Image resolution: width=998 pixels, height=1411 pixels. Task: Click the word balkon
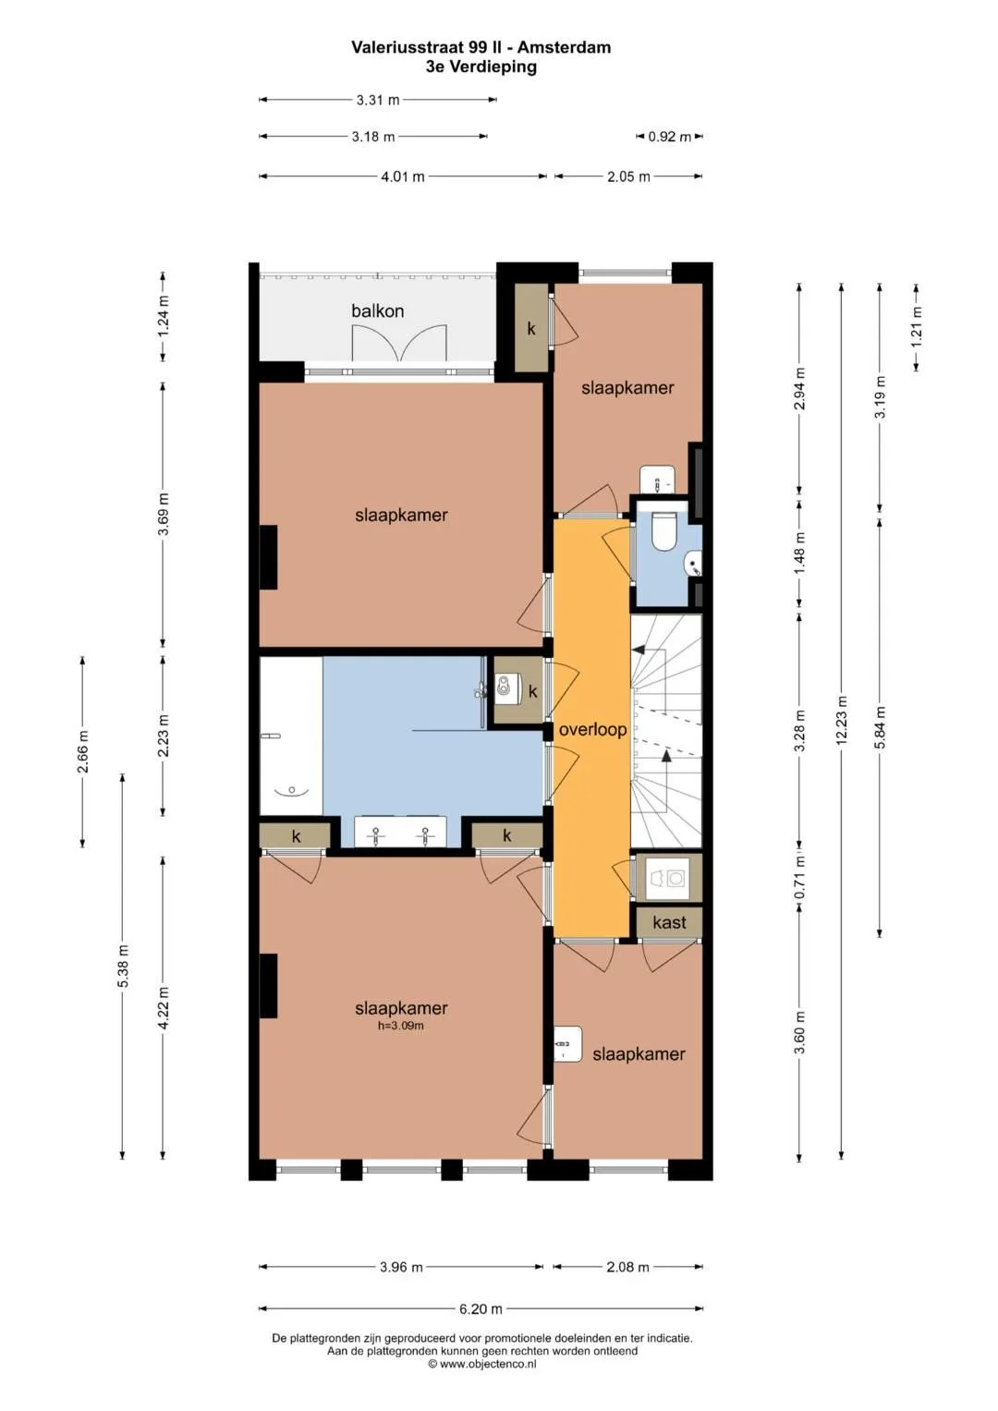coord(377,311)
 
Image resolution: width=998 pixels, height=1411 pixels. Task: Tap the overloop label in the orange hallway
coord(593,730)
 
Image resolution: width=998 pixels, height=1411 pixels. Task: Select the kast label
coord(669,923)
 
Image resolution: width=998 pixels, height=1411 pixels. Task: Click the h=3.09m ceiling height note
coord(401,1026)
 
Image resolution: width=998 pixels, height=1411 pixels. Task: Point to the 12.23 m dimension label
coord(842,721)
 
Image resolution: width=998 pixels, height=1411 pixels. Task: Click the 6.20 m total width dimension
coord(481,1309)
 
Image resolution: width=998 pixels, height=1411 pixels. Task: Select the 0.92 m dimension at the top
coord(670,137)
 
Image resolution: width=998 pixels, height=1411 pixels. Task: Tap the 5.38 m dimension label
coord(124,967)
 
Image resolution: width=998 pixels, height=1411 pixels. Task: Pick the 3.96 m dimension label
coord(401,1267)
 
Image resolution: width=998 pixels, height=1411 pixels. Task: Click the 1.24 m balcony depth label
coord(164,317)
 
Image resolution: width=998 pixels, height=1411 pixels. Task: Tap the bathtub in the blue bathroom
coord(291,736)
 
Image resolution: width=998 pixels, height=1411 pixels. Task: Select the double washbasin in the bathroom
coord(401,832)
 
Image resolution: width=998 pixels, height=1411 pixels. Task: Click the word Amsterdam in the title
coord(565,47)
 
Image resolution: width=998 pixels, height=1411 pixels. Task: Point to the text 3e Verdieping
coord(481,67)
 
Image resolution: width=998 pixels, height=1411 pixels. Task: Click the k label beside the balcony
coord(531,328)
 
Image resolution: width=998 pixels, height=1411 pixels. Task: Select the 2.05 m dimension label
coord(628,177)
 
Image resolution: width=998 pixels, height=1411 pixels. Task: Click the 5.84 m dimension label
coord(881,727)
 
